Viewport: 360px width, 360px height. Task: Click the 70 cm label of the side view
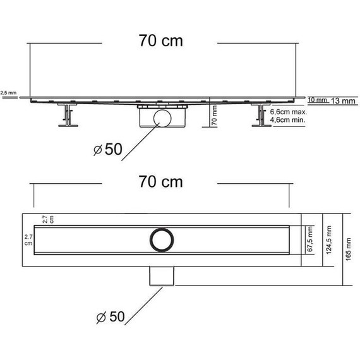160,41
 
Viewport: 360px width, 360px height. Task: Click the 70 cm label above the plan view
160,183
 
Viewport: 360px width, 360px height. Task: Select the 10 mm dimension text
317,100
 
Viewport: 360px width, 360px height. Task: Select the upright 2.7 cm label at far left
28,239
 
